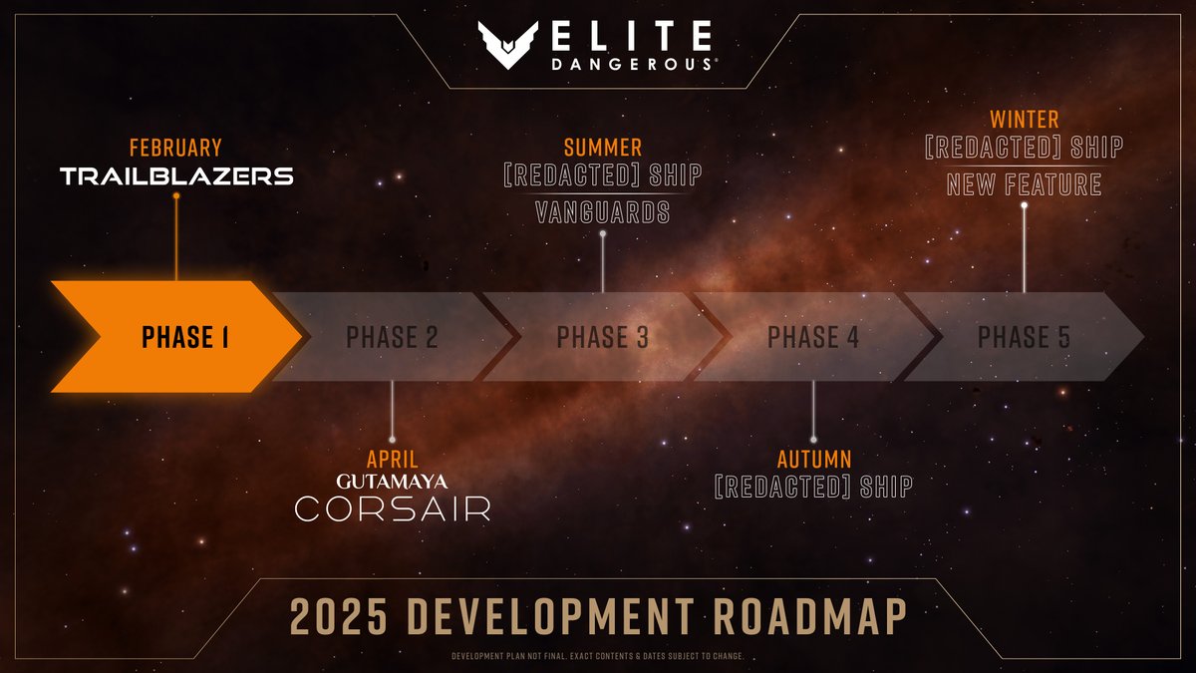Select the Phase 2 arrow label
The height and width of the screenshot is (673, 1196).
coord(392,338)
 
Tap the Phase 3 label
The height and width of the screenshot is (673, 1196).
coord(602,338)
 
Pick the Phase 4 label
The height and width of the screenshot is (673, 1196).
coord(813,338)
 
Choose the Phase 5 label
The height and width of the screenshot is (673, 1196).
coord(1024,338)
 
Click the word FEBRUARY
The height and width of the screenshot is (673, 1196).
coord(175,149)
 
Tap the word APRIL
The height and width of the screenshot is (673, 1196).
coord(392,460)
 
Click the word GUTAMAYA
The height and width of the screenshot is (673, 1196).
coord(392,482)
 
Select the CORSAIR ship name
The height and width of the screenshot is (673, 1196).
coord(392,509)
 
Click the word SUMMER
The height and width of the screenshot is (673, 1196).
coord(602,149)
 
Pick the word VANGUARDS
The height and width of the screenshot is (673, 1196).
coord(602,212)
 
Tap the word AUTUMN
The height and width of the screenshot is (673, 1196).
coord(814,460)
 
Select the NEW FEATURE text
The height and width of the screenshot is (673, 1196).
coord(1024,184)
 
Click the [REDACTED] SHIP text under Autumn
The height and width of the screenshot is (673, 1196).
coord(814,487)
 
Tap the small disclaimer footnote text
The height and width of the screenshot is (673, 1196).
coord(598,656)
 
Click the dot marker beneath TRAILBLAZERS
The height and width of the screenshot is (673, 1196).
coord(175,196)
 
